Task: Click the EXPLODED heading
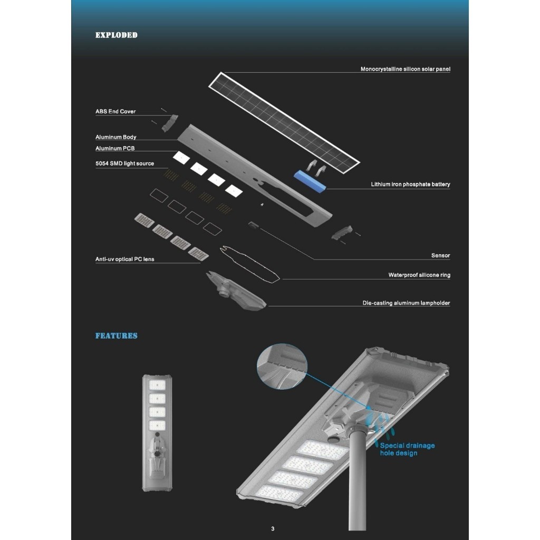click(x=117, y=35)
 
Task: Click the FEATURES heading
click(x=117, y=336)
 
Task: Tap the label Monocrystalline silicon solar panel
click(x=406, y=69)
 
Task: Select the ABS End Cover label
click(x=115, y=112)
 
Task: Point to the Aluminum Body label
click(x=116, y=137)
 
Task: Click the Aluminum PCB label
click(x=115, y=148)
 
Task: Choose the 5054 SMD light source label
click(x=124, y=163)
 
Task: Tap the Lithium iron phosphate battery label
click(x=410, y=184)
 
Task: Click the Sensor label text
click(x=441, y=256)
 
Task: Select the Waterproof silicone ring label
click(x=419, y=275)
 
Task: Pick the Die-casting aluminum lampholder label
click(x=407, y=303)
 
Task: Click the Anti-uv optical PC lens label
click(x=124, y=259)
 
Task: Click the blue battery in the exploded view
click(x=310, y=181)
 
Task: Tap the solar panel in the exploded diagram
click(x=284, y=123)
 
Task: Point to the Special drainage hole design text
click(x=408, y=449)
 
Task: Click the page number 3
click(x=273, y=528)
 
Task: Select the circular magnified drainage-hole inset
click(x=282, y=367)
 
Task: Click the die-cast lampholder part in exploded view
click(x=236, y=291)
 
